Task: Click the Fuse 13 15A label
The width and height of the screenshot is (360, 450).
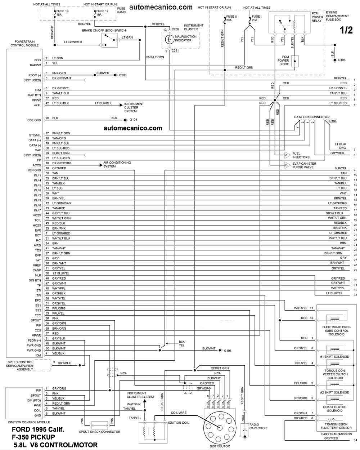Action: [62, 13]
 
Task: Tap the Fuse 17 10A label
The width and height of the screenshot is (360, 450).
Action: [102, 13]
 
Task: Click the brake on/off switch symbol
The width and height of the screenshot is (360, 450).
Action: [109, 40]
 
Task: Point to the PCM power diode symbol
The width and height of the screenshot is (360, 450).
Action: [295, 61]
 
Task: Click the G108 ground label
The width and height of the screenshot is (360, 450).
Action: [342, 60]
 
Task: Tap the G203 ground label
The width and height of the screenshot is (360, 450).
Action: [123, 75]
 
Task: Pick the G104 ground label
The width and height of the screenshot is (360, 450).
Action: [133, 120]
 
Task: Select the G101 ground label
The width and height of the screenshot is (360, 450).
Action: [228, 351]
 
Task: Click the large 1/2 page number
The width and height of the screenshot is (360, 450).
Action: [346, 30]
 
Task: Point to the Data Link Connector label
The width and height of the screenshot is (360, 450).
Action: [311, 117]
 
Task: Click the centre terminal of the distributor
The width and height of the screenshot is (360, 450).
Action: [220, 428]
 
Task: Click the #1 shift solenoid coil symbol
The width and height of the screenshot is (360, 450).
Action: [334, 349]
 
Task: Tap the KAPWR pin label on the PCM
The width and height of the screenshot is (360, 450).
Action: [36, 65]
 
